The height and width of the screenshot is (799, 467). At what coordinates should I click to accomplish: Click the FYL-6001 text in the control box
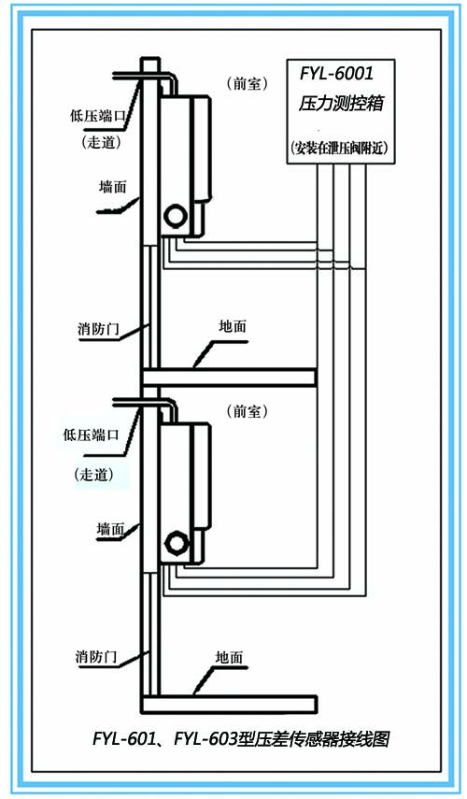336,74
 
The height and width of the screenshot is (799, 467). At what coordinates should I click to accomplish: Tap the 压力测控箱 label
341,104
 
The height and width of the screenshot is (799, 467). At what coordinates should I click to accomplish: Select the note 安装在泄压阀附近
340,148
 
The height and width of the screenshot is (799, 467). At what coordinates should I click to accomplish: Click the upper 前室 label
247,83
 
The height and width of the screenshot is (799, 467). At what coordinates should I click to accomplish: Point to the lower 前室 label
247,411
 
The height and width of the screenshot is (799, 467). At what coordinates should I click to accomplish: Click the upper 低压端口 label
97,116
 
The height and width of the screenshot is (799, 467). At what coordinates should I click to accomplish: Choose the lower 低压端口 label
92,435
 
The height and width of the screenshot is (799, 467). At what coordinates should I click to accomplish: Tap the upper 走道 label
101,142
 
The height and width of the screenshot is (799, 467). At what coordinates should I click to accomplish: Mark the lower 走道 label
93,475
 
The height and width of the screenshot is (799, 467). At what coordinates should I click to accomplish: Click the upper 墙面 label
112,187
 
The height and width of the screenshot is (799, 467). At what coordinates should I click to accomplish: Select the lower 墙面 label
110,529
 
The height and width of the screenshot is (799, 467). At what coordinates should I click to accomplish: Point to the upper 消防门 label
98,329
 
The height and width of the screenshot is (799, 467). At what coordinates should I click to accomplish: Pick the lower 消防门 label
96,656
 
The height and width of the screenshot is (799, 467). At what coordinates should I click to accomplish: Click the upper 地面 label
233,326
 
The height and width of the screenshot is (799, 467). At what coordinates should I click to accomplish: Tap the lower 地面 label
229,657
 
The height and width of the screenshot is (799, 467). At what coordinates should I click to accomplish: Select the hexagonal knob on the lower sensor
176,543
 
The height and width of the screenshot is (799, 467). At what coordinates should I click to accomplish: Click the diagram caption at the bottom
241,738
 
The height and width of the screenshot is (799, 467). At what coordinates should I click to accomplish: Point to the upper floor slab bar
229,378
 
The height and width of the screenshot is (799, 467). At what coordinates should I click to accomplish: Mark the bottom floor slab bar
229,705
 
